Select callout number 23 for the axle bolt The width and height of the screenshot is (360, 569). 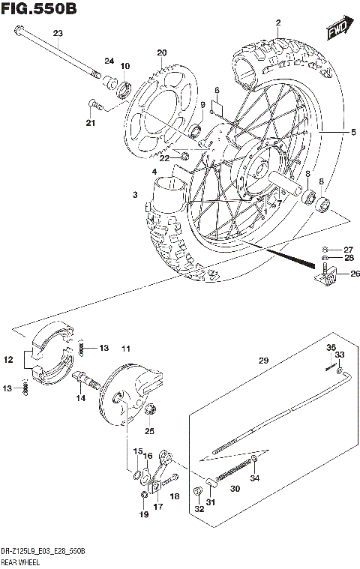tap(58, 33)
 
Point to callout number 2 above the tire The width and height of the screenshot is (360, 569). tap(278, 23)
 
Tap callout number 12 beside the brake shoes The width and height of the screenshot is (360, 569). tap(9, 361)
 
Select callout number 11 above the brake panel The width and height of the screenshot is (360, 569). tap(126, 348)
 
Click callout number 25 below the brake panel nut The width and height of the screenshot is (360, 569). tap(149, 431)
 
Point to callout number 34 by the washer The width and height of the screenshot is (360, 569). tap(255, 478)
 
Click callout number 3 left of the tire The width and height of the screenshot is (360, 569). tap(135, 195)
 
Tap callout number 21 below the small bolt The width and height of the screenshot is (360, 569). tap(91, 123)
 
